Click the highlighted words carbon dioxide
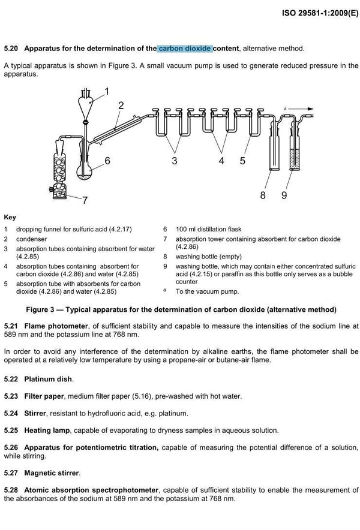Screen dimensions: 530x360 (x=185, y=47)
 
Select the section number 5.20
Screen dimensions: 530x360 (x=12, y=47)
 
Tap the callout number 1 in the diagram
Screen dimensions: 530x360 (x=107, y=92)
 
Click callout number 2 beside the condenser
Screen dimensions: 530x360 (x=121, y=106)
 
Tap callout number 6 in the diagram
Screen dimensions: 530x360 (x=107, y=161)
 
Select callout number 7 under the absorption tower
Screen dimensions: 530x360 (x=85, y=200)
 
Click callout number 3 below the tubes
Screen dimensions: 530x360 (x=175, y=161)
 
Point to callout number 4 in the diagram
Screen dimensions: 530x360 (x=221, y=161)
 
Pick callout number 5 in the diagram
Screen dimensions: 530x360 (x=243, y=161)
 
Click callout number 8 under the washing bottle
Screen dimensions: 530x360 (x=262, y=195)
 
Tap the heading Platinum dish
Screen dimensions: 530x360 (x=48, y=380)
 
